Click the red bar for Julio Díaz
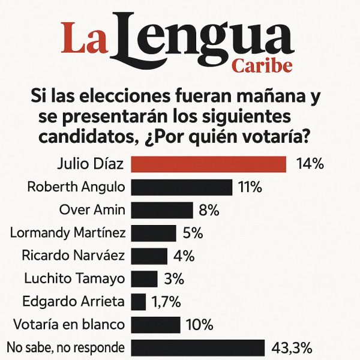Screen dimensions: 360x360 (208, 164)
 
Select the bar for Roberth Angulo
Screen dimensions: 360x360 (181, 187)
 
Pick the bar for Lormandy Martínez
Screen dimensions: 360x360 (154, 233)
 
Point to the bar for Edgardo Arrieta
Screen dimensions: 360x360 (138, 301)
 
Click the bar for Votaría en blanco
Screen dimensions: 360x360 (155, 325)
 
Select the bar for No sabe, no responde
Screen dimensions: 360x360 (197, 348)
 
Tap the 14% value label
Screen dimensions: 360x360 (310, 164)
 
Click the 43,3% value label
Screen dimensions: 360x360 (292, 348)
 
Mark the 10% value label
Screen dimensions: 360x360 (200, 325)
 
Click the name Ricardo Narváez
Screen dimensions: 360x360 (73, 256)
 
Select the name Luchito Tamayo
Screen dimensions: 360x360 (75, 278)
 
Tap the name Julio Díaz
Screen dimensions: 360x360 (90, 164)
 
